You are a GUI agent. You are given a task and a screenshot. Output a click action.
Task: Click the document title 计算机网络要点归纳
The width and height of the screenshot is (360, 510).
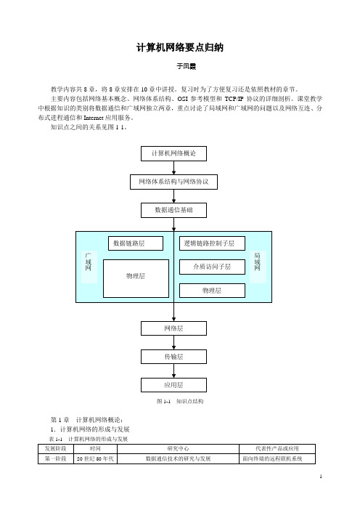(x=180, y=47)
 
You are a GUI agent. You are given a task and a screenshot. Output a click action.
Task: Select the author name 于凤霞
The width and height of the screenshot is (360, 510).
(x=187, y=66)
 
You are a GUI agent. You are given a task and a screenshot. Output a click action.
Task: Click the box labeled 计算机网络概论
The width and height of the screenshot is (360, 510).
(x=173, y=153)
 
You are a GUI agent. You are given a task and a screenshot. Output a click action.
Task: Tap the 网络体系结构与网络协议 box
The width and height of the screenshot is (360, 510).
(x=173, y=182)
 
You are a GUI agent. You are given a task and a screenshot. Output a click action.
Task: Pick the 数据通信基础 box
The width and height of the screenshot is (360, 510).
(x=173, y=210)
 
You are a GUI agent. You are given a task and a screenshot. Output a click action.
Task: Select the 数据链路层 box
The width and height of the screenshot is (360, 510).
(x=136, y=243)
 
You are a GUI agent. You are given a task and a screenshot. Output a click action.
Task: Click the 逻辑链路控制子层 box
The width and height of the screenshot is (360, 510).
(x=212, y=243)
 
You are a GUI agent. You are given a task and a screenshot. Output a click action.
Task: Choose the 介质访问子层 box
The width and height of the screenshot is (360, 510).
(x=212, y=267)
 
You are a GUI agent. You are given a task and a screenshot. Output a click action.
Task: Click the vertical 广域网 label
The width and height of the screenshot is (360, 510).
(x=89, y=262)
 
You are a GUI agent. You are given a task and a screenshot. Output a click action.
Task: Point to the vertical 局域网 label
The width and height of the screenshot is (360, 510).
(x=258, y=262)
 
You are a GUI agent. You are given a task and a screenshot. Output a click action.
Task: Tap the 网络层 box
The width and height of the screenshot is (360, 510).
(x=173, y=328)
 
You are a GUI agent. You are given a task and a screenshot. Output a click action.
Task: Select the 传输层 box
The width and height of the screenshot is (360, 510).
(x=173, y=357)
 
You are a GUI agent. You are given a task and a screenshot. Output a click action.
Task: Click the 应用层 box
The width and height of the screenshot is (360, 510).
(x=173, y=385)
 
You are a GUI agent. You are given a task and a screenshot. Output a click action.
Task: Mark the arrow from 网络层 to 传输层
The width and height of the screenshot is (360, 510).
(x=173, y=342)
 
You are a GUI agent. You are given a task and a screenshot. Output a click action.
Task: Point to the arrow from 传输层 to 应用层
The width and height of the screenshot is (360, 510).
(x=173, y=371)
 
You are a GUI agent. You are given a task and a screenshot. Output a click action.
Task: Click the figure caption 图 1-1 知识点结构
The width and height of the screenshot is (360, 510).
(x=180, y=401)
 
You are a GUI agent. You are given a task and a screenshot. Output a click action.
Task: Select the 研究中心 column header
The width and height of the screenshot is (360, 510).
(x=178, y=449)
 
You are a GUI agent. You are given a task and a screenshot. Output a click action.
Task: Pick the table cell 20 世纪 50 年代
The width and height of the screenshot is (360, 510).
(x=95, y=459)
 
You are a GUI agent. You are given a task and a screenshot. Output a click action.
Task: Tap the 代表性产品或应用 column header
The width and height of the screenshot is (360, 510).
(x=277, y=449)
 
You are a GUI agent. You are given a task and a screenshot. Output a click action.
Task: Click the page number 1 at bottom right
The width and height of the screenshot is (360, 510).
(x=321, y=477)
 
